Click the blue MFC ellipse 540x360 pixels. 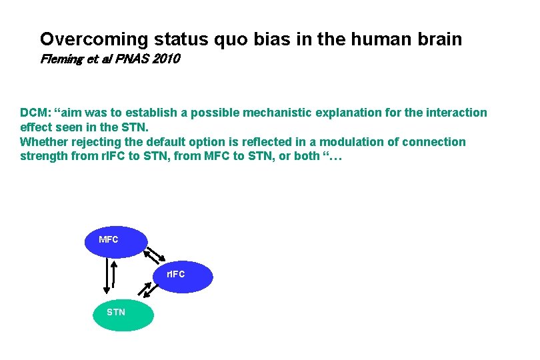click(x=115, y=241)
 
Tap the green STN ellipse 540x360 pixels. click(x=123, y=313)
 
